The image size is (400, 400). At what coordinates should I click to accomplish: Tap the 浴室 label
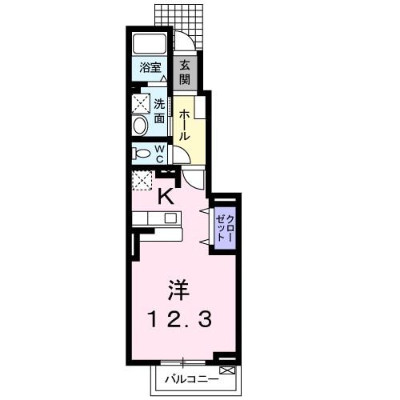click(149, 68)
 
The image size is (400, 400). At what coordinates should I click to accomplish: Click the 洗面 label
click(160, 110)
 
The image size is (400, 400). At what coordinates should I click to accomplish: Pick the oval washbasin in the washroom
click(141, 125)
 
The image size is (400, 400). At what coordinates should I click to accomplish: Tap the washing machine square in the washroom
click(142, 102)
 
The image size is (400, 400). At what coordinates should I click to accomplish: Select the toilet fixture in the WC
click(142, 153)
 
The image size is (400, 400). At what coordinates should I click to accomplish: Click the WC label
click(159, 153)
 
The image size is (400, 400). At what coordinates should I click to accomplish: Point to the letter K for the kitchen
click(166, 195)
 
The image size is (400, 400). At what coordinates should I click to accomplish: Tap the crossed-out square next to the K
click(142, 181)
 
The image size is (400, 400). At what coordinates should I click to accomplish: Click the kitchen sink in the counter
click(170, 218)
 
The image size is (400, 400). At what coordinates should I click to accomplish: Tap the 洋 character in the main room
click(179, 289)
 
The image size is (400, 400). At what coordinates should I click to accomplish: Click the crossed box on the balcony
click(226, 370)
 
